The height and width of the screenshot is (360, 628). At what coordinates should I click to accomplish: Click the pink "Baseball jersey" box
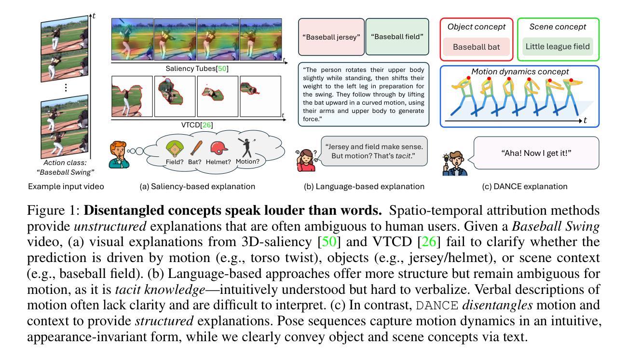pyautogui.click(x=331, y=37)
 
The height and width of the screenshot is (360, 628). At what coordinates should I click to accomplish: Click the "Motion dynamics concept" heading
pyautogui.click(x=520, y=72)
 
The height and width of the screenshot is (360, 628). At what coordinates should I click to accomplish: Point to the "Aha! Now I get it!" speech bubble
pyautogui.click(x=536, y=152)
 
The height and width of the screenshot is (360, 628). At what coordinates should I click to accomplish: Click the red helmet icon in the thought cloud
pyautogui.click(x=219, y=148)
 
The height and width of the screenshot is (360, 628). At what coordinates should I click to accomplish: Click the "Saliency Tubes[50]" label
pyautogui.click(x=197, y=69)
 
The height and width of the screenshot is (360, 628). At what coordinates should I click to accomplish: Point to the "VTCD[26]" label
pyautogui.click(x=197, y=125)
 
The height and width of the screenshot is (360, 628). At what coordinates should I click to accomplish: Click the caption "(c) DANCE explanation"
pyautogui.click(x=520, y=186)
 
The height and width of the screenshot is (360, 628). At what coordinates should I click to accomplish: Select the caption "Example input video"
pyautogui.click(x=66, y=186)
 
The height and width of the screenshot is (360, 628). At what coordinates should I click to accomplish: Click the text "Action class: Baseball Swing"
pyautogui.click(x=67, y=167)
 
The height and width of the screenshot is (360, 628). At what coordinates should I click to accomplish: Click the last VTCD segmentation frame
pyautogui.click(x=260, y=96)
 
